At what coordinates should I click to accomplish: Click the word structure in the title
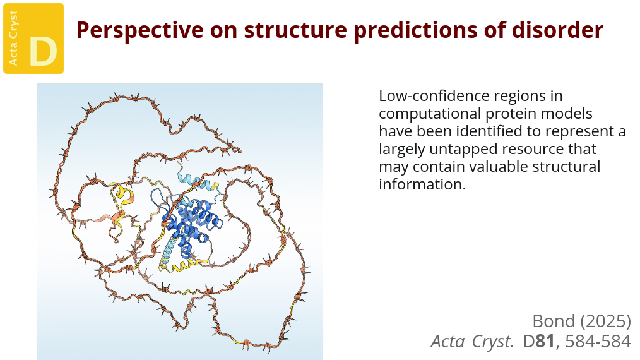click(x=295, y=30)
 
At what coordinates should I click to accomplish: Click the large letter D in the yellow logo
click(x=43, y=52)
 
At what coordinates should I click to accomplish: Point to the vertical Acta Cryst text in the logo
click(x=13, y=38)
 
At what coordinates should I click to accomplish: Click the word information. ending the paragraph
click(x=422, y=184)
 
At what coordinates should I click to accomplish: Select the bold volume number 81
click(x=545, y=342)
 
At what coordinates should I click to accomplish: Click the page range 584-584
click(x=598, y=342)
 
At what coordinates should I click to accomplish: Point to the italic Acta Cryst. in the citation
click(x=472, y=342)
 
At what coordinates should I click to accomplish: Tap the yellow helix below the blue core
click(x=184, y=266)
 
